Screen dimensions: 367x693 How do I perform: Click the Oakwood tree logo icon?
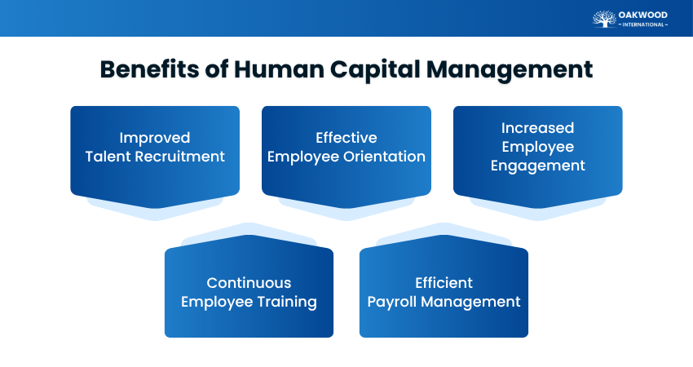pos(604,19)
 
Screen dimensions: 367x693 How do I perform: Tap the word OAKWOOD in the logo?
pos(643,14)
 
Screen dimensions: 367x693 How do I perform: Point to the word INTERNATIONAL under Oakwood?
pos(643,24)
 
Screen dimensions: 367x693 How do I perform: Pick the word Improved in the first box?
pos(155,138)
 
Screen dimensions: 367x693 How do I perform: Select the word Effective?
pos(346,138)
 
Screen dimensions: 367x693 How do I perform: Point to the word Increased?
pos(537,128)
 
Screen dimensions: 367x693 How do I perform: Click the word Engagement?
pos(537,166)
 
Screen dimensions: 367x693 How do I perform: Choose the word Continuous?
pos(249,283)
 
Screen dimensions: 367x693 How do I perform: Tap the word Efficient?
pos(444,283)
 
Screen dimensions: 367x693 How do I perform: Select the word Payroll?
pos(394,302)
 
